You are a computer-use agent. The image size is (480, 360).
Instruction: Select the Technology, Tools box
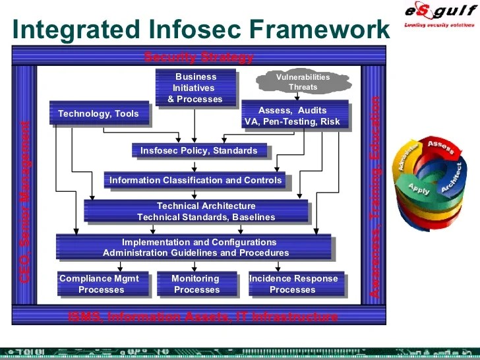pyautogui.click(x=98, y=113)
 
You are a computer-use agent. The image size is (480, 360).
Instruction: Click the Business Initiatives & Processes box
pyautogui.click(x=195, y=88)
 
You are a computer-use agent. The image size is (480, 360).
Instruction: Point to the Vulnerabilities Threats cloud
pyautogui.click(x=303, y=82)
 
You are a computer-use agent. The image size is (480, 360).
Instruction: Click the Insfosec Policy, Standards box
pyautogui.click(x=199, y=150)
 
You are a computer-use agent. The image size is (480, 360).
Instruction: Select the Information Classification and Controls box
pyautogui.click(x=195, y=180)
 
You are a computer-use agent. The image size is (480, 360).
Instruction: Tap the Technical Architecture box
pyautogui.click(x=196, y=211)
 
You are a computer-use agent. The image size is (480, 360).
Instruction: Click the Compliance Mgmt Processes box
pyautogui.click(x=102, y=284)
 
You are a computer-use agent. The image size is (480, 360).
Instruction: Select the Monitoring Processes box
pyautogui.click(x=196, y=284)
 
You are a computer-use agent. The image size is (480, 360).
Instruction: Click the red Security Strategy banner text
pyautogui.click(x=198, y=57)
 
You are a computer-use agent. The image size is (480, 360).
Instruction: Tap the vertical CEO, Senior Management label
pyautogui.click(x=24, y=201)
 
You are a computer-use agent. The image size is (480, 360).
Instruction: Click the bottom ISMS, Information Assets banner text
pyautogui.click(x=203, y=316)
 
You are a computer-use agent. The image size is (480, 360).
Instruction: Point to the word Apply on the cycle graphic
pyautogui.click(x=419, y=188)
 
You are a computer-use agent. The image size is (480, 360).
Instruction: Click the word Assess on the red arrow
pyautogui.click(x=440, y=144)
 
